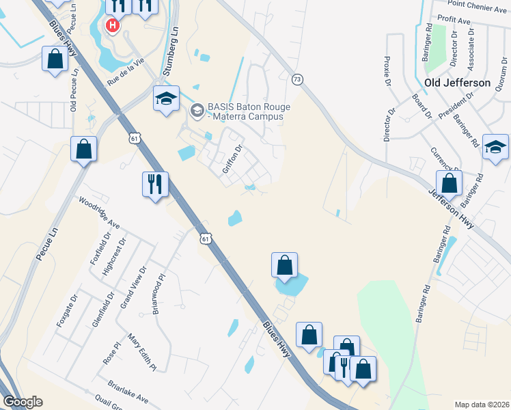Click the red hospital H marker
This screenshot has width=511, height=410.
coord(113,26)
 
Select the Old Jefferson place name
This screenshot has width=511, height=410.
coord(457,83)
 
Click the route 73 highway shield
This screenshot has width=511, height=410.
coord(296,79)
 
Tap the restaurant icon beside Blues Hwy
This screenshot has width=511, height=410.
coord(155,184)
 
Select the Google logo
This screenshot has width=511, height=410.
coord(22,402)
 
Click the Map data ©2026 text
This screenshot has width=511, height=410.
coord(482,404)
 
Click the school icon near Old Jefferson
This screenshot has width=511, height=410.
coord(495,148)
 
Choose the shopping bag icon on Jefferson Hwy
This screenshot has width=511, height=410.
coord(449,184)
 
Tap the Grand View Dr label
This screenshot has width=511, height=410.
coord(133,287)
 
